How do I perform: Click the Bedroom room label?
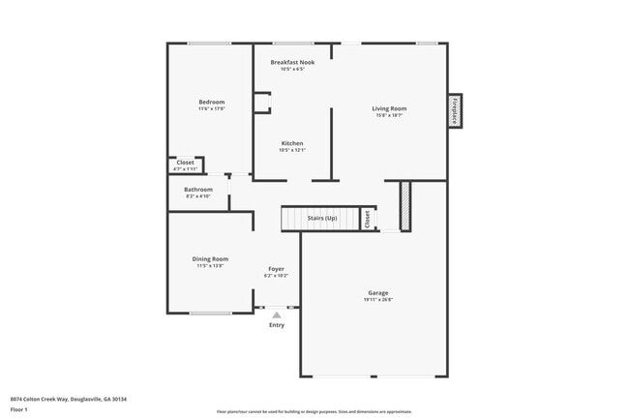(x=212, y=102)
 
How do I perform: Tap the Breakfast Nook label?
(x=292, y=62)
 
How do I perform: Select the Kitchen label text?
(x=292, y=143)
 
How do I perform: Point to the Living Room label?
(x=389, y=108)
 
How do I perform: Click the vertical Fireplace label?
(x=454, y=110)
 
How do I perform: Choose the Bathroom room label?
(x=198, y=189)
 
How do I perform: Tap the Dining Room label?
(x=210, y=258)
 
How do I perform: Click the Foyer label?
(x=276, y=268)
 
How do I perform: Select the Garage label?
(x=378, y=292)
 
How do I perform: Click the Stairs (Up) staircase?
(x=322, y=220)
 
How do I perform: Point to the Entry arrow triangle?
(x=277, y=315)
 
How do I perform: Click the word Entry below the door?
(x=277, y=325)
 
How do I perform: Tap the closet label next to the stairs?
(x=367, y=220)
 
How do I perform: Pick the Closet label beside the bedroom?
(x=185, y=162)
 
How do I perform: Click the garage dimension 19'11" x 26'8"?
(x=378, y=300)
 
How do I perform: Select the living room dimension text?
(x=389, y=116)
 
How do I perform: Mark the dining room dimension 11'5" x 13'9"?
(x=210, y=266)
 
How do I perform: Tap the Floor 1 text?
(x=20, y=410)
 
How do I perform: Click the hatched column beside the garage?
(x=405, y=204)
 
